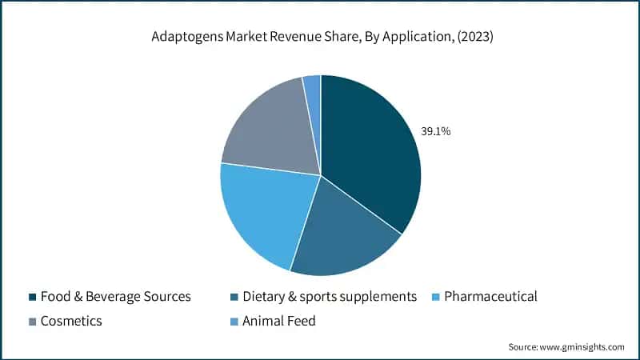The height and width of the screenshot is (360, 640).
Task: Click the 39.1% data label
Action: [436, 131]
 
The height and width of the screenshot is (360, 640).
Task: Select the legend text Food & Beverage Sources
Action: [117, 297]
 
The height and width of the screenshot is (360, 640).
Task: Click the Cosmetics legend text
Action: [73, 322]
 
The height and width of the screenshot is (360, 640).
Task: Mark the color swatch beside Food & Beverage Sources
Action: [32, 297]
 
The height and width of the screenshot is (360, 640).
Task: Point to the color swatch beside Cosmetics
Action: [32, 322]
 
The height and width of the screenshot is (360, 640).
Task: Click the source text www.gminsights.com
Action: [582, 346]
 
